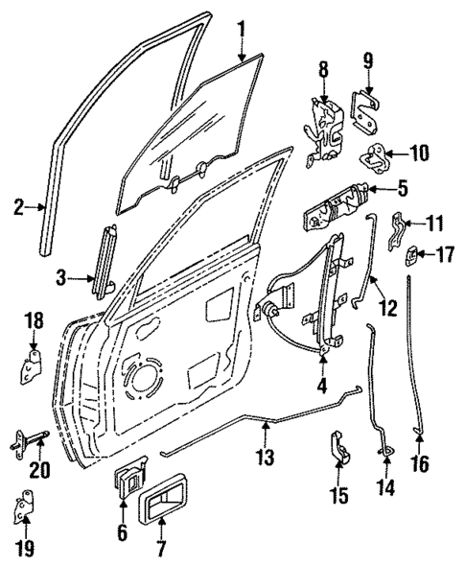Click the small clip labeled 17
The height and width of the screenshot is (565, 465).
413,256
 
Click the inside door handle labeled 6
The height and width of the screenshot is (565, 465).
128,481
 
